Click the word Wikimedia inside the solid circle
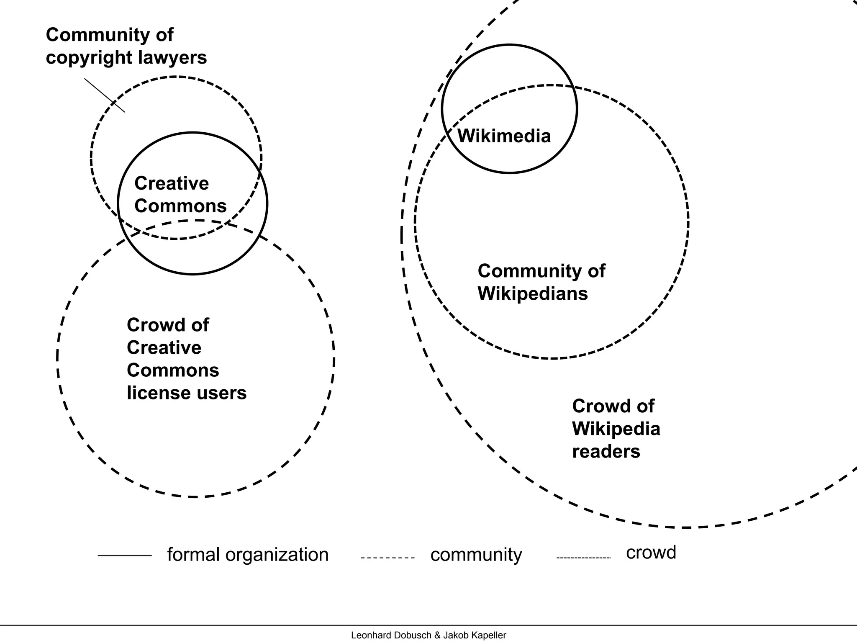coord(504,136)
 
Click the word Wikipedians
coord(532,293)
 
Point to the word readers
coord(606,451)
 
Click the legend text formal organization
coord(248,555)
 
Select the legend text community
coord(476,555)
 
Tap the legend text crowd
coord(651,552)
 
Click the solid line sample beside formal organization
coord(125,556)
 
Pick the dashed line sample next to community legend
coord(387,558)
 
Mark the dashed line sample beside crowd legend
coord(584,558)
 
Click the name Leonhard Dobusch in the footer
coord(391,635)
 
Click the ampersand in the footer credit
coord(437,635)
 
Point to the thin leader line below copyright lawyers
coord(105,95)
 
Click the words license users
coord(187,393)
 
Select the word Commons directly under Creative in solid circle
coord(180,206)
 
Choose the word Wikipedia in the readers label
coord(616,429)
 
